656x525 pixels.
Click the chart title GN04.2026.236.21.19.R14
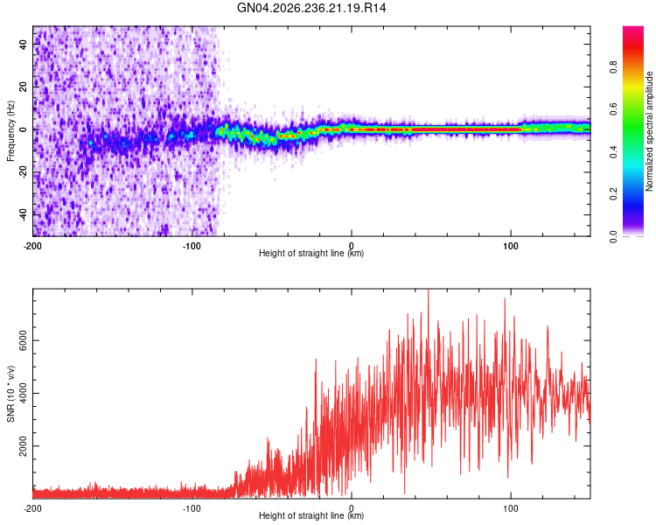311,8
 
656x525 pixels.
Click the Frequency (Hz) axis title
10,131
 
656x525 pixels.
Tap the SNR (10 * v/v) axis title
10,394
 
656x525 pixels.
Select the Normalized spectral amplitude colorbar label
649,131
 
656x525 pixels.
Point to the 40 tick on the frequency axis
24,44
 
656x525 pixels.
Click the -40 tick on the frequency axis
24,215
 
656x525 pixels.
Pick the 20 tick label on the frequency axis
24,87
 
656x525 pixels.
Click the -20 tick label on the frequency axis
24,172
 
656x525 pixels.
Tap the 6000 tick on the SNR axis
24,340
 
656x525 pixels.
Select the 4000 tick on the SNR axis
24,393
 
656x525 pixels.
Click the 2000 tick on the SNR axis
24,446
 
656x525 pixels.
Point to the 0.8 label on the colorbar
613,67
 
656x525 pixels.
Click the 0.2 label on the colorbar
613,194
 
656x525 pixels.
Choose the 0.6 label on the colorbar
613,109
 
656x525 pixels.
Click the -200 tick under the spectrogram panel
32,246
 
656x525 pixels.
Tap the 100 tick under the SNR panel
511,508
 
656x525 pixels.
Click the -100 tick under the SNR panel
192,508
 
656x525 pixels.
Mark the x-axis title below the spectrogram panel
311,253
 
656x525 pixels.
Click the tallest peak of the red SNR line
428,290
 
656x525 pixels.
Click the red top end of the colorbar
633,28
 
